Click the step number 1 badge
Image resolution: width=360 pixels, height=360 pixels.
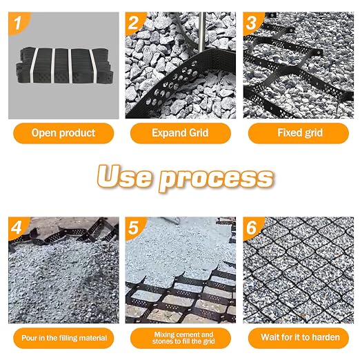click(19, 23)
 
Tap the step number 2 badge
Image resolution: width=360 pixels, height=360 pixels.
click(134, 23)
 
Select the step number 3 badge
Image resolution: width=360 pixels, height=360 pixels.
click(252, 23)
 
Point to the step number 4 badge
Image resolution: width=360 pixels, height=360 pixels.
click(18, 228)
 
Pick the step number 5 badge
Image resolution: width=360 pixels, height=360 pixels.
click(134, 228)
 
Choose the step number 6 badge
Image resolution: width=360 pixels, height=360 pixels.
click(252, 228)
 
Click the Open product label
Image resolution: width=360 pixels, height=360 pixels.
click(63, 133)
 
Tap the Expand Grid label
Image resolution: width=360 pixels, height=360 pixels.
click(180, 133)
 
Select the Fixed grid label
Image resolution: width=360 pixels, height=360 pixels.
click(299, 133)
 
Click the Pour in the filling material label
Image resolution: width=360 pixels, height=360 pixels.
click(63, 338)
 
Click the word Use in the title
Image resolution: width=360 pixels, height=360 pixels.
click(124, 176)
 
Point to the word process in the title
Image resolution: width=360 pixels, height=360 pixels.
click(216, 179)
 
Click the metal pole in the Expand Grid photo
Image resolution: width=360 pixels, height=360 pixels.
click(201, 32)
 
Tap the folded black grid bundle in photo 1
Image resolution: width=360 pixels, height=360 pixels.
click(65, 66)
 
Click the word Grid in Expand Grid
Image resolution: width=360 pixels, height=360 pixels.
click(199, 133)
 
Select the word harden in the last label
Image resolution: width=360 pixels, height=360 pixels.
click(326, 337)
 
